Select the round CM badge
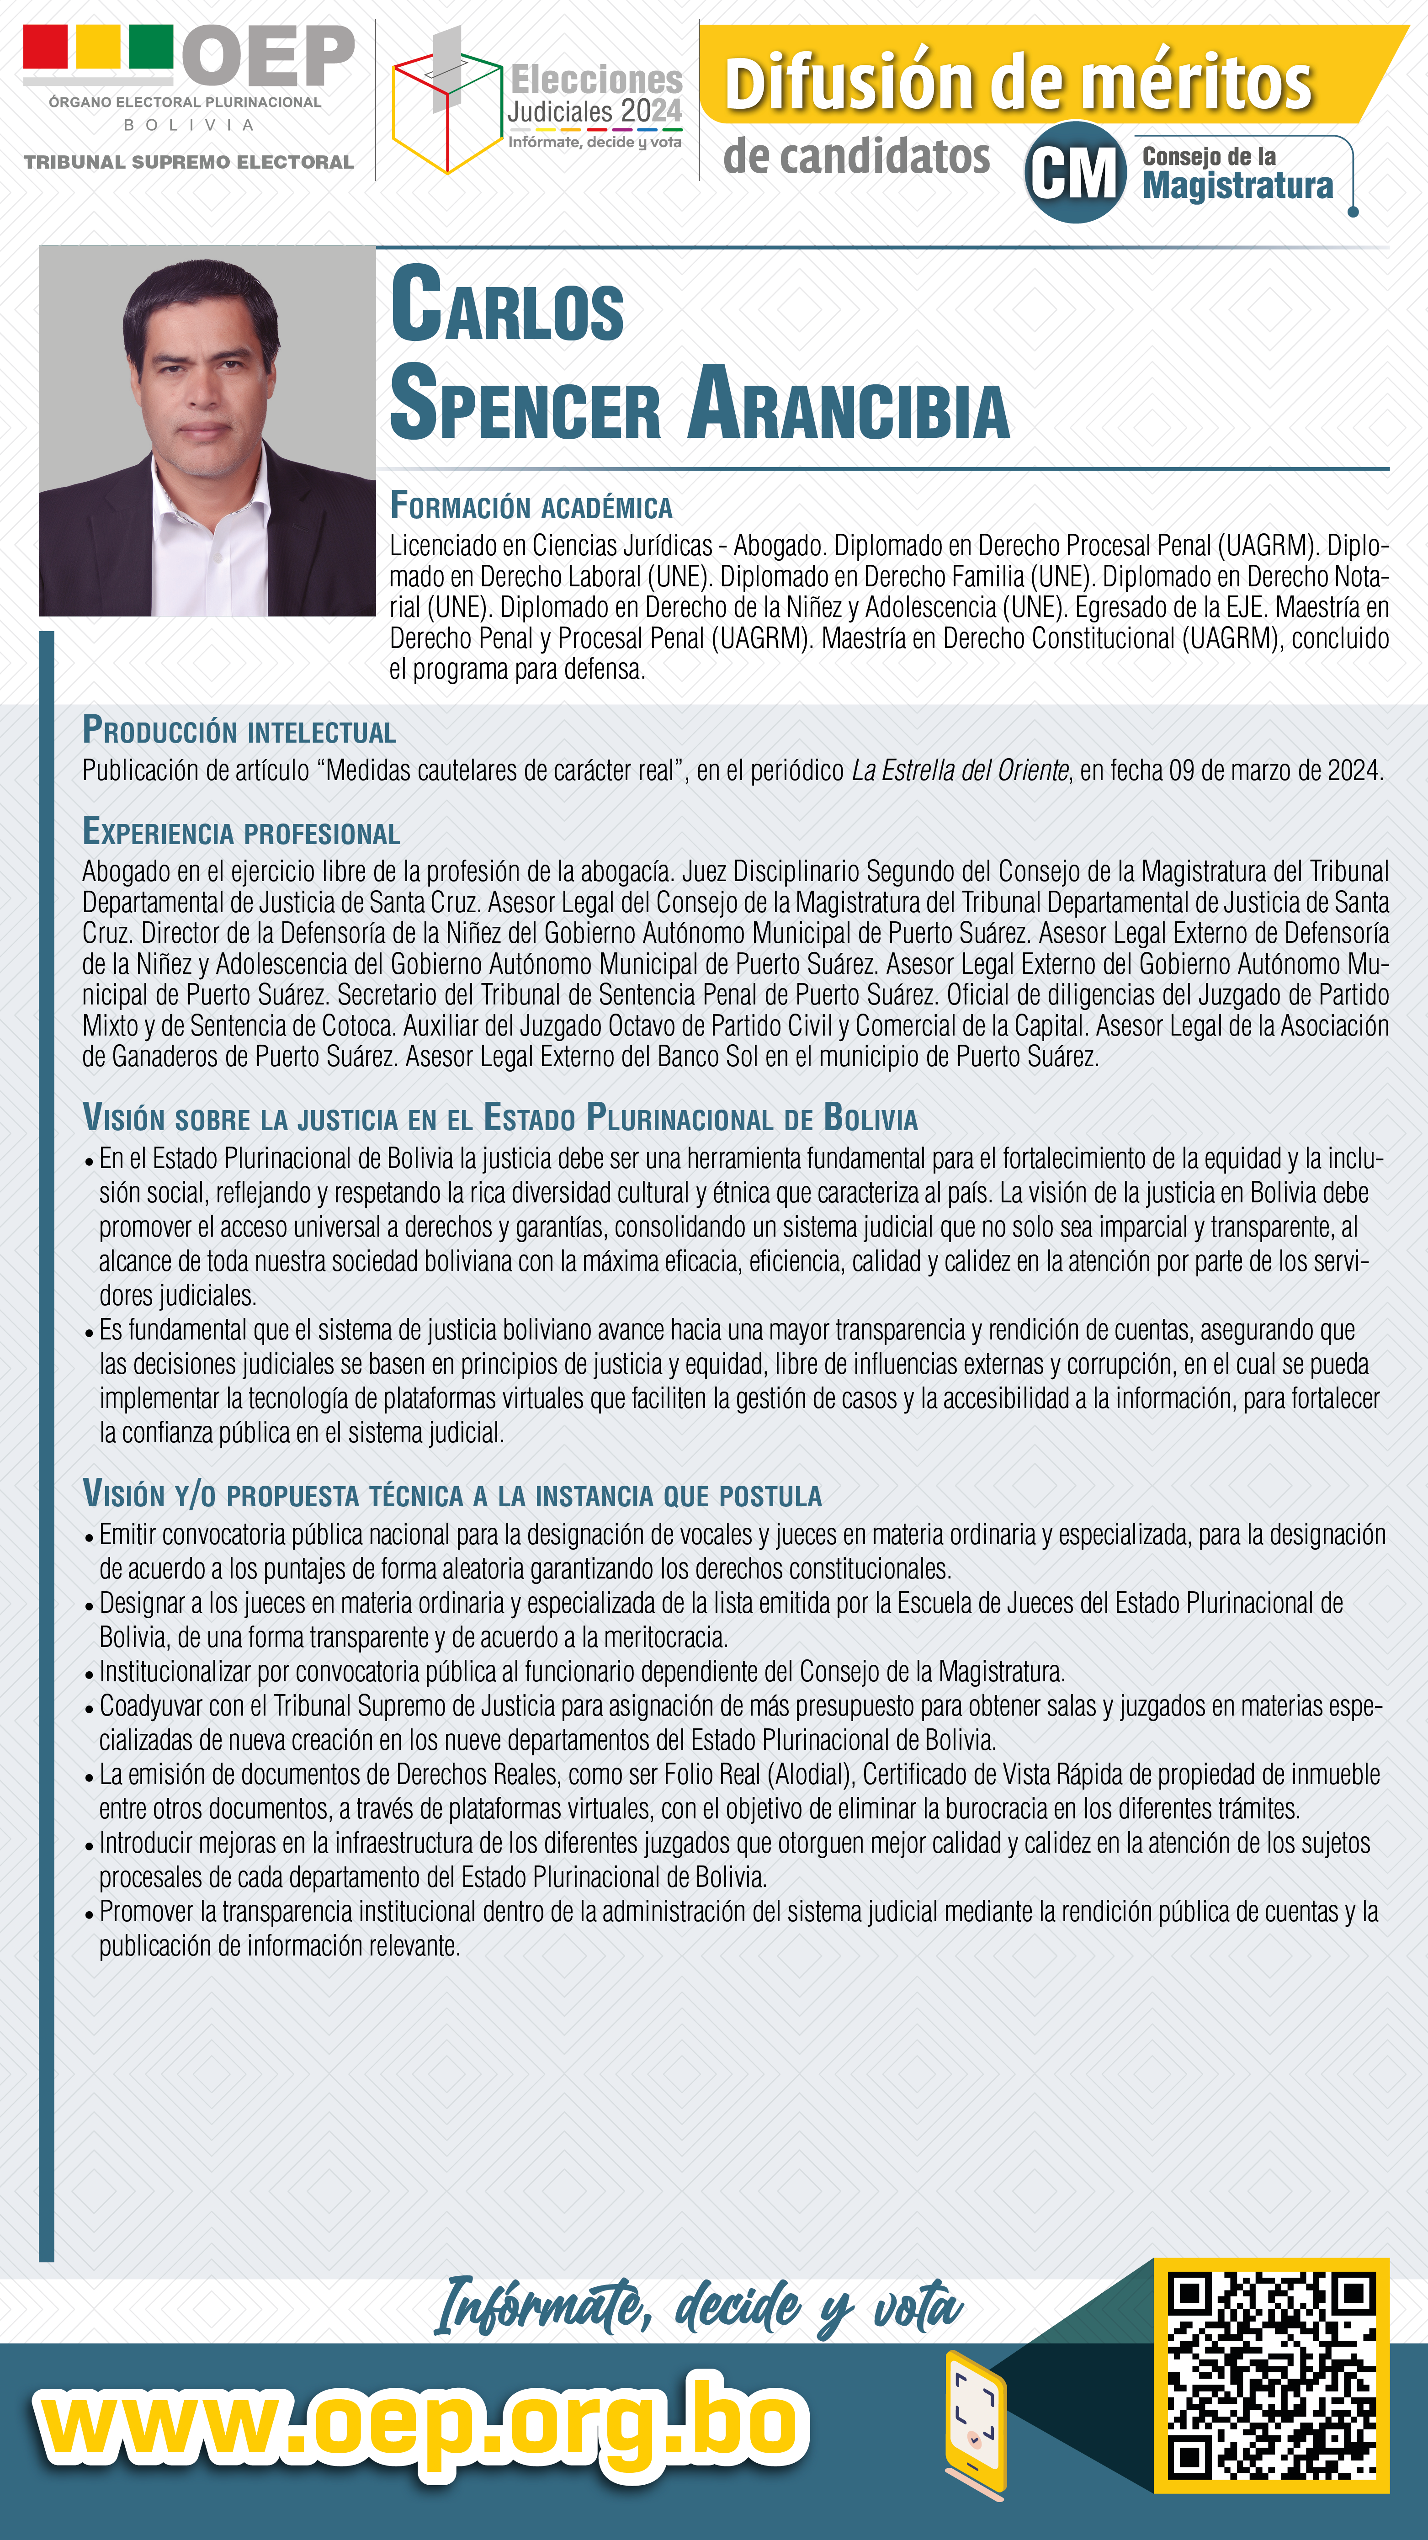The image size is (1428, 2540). tap(1075, 173)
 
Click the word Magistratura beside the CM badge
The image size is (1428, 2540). tap(1237, 186)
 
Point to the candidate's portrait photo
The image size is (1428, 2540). tap(207, 431)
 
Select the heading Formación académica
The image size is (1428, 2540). tap(531, 507)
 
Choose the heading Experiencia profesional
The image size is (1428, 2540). tap(241, 832)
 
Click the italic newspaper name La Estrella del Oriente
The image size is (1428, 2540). tap(960, 770)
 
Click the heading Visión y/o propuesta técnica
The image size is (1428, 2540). tap(451, 1495)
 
